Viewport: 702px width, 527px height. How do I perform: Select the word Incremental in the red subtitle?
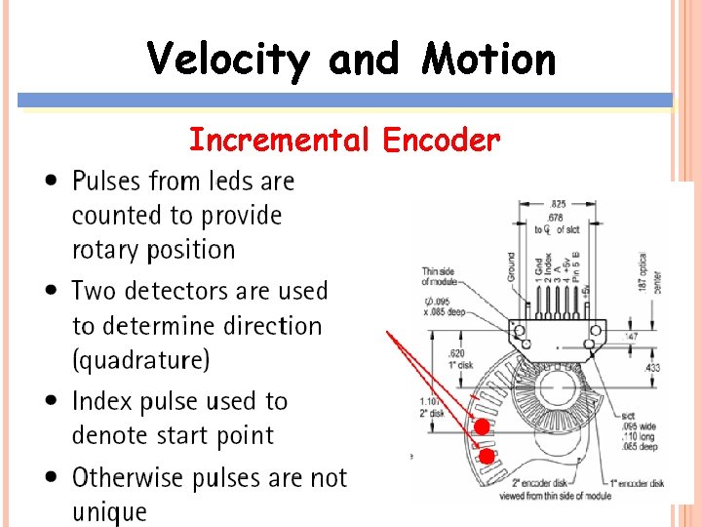point(279,141)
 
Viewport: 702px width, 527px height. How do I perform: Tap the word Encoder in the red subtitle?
point(442,141)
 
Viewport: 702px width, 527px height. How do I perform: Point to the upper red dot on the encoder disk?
point(481,426)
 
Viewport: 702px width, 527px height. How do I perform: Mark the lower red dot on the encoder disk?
point(487,456)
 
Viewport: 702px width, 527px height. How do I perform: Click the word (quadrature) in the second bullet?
point(140,360)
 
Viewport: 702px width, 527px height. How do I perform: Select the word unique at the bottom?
point(109,511)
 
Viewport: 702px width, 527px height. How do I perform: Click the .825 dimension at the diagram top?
point(557,201)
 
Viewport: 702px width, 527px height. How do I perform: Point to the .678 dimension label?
point(555,217)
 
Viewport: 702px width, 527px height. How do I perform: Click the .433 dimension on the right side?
point(651,367)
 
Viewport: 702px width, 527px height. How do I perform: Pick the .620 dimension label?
point(454,353)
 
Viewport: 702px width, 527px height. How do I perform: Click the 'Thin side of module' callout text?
point(439,276)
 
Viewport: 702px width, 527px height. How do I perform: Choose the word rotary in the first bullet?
point(103,250)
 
